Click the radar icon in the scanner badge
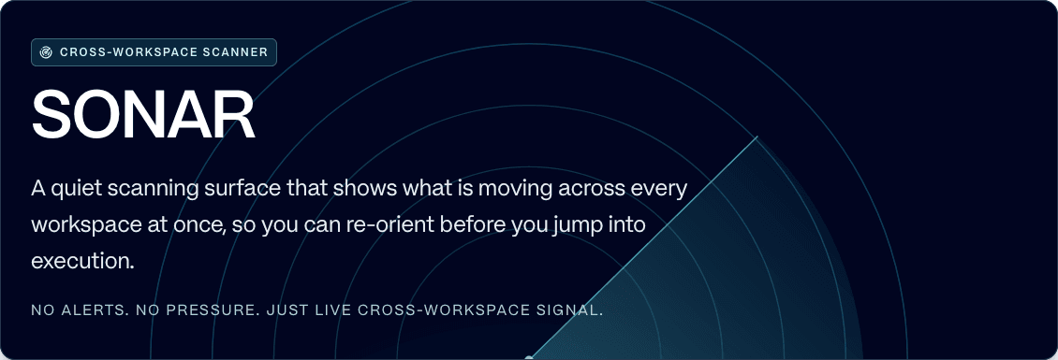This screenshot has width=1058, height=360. pyautogui.click(x=46, y=52)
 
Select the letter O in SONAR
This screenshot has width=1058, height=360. pyautogui.click(x=100, y=116)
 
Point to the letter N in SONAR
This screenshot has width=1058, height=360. pyautogui.click(x=148, y=116)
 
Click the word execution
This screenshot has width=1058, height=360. pyautogui.click(x=83, y=261)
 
